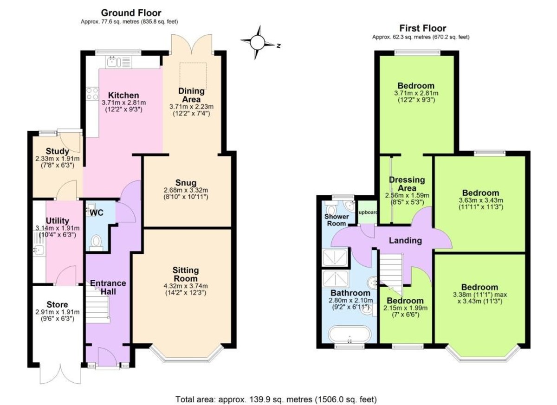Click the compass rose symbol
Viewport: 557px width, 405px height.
258,43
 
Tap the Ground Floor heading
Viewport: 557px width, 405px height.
131,13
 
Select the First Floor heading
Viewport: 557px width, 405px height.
423,28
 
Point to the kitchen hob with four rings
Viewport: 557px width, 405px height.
92,94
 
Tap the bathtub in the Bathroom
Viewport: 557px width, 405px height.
350,334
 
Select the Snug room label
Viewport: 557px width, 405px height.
186,183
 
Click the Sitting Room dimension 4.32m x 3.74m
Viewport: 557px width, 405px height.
186,286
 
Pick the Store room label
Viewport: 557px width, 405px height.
57,304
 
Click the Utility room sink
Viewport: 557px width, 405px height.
39,250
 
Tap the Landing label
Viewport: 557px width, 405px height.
405,240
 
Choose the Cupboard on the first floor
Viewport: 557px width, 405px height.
367,212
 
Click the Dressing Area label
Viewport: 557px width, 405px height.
407,184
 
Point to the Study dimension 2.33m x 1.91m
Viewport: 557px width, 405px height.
58,159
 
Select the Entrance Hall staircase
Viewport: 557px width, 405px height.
98,304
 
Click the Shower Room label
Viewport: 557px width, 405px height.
337,220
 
